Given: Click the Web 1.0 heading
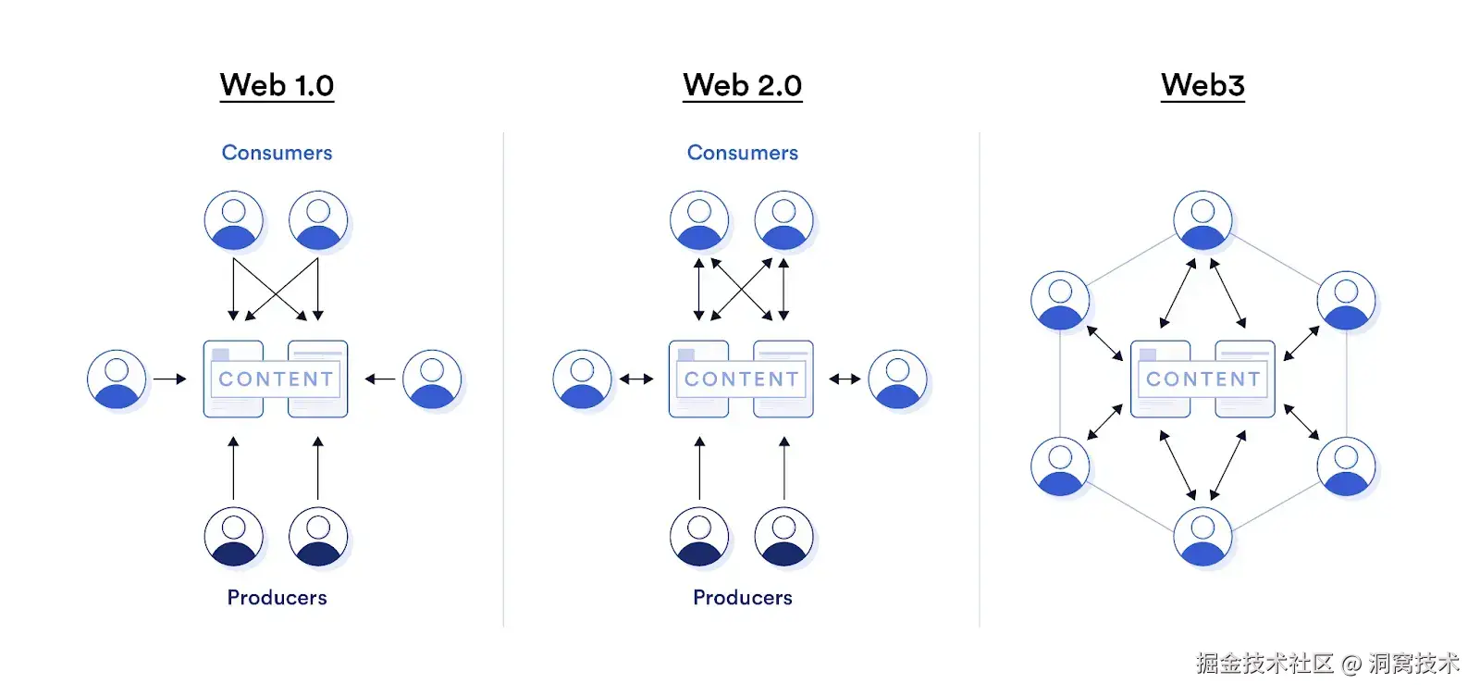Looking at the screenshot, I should [x=277, y=85].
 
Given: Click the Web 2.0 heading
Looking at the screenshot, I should [x=742, y=85].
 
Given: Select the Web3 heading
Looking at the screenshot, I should [x=1202, y=85].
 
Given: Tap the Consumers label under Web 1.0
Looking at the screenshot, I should [x=277, y=153].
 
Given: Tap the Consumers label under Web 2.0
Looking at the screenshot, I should [x=742, y=153].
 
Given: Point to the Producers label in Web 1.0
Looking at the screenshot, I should [x=277, y=598].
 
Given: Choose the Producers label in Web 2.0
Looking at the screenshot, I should [x=742, y=598].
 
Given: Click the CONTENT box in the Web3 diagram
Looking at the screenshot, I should [x=1202, y=379].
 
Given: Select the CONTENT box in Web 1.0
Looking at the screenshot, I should [x=276, y=379].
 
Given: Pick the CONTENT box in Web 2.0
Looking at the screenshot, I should [x=741, y=379].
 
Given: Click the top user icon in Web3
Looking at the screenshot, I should [x=1202, y=220].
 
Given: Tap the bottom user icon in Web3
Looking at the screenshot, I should [x=1202, y=536].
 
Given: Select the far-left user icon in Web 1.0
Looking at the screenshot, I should [x=117, y=379].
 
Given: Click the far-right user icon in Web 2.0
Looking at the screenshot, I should [x=897, y=379].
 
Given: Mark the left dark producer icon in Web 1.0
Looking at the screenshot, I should [x=234, y=536].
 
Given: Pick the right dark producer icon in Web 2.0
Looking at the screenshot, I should [x=783, y=536].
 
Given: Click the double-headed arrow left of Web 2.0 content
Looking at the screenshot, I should [x=636, y=379].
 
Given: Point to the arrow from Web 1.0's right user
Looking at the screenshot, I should [x=380, y=379].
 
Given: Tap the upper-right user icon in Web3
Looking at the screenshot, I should [x=1346, y=300].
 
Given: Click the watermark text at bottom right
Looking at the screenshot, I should [x=1326, y=663].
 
